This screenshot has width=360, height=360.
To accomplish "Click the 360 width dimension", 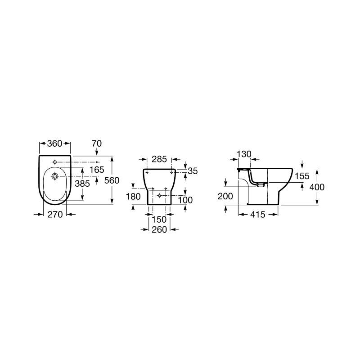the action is (x=54, y=144).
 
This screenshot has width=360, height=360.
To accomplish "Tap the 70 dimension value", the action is (x=97, y=144).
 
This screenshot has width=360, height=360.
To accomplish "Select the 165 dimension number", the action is (x=97, y=170).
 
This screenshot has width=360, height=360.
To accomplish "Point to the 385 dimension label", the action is (x=82, y=184).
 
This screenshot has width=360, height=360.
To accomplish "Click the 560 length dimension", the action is (x=112, y=180).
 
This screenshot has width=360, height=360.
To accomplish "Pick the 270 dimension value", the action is (x=55, y=215).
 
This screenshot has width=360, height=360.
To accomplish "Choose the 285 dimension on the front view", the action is (x=159, y=159).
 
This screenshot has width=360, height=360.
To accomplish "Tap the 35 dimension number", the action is (x=193, y=171).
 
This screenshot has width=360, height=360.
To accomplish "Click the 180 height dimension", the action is (x=133, y=197).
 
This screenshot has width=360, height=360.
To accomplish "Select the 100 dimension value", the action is (x=185, y=200).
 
